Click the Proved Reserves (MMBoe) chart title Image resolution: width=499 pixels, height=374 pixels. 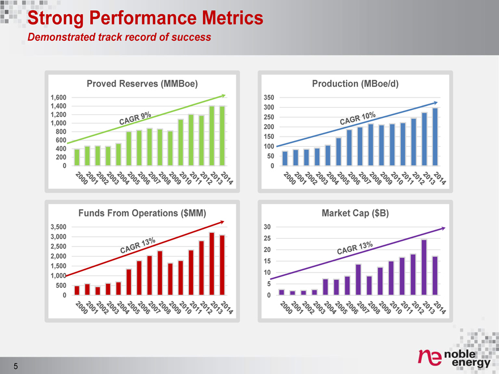pos(142,84)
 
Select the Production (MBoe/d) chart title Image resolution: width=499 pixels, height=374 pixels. pos(356,84)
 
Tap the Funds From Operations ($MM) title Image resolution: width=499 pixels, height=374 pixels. pos(142,213)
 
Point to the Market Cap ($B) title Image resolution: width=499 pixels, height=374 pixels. pos(355,213)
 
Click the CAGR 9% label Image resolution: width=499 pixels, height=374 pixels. pos(134,119)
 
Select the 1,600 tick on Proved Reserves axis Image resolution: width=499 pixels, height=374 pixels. pos(58,97)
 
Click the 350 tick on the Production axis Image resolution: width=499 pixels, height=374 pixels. pos(269,97)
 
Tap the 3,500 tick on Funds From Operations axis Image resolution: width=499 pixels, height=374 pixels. pos(58,227)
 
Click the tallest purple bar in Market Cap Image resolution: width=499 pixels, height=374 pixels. pos(424,266)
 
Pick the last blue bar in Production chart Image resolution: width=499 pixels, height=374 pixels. pos(435,137)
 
